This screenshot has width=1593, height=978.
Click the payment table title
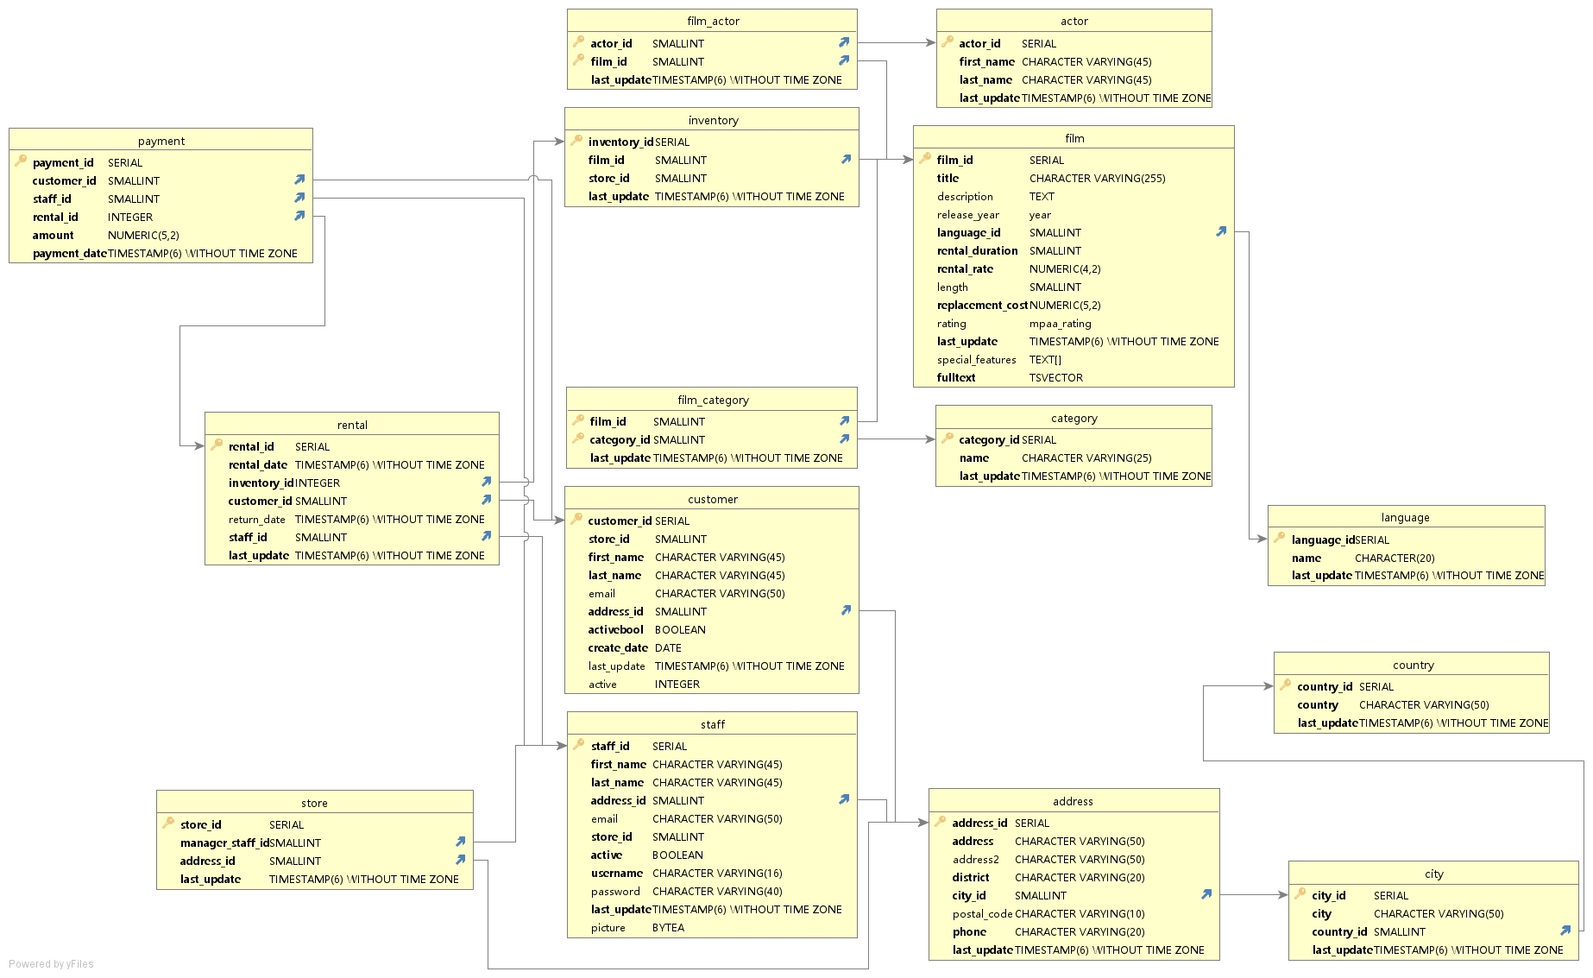(161, 141)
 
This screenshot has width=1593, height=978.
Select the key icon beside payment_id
(21, 161)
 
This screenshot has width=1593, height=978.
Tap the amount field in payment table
(54, 235)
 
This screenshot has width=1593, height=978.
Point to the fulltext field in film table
(956, 377)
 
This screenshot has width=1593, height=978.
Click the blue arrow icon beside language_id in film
(1221, 231)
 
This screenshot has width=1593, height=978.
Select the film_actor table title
(713, 21)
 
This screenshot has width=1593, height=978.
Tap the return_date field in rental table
(256, 519)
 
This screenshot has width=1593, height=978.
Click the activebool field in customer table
(615, 629)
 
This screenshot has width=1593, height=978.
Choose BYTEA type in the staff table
(668, 927)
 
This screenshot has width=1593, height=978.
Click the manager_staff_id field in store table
(224, 842)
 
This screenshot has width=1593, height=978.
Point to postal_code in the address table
(982, 913)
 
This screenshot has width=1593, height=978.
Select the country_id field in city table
(1339, 931)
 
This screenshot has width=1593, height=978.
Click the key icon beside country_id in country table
(1285, 685)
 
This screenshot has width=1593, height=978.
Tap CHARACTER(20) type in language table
(1395, 558)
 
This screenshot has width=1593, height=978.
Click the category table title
(1074, 418)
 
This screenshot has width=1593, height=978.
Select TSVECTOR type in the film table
(1055, 377)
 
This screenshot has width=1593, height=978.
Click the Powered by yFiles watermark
(51, 964)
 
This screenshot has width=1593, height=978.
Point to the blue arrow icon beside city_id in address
(1206, 894)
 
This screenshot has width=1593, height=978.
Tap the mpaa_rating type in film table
(1060, 323)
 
